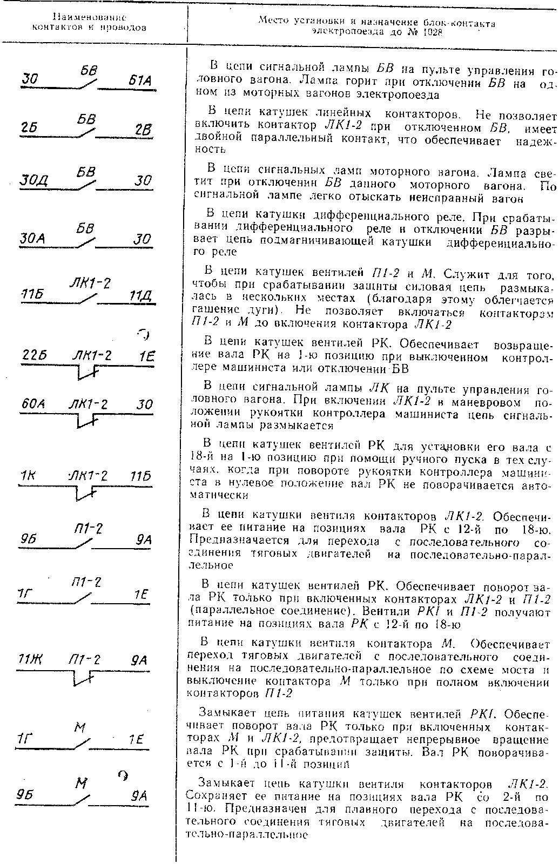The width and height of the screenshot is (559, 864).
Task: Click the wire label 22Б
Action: click(x=34, y=356)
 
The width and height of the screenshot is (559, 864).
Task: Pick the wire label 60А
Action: click(x=33, y=404)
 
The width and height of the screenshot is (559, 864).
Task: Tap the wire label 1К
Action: click(x=27, y=476)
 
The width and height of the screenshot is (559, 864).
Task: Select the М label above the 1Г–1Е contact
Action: click(x=80, y=730)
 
